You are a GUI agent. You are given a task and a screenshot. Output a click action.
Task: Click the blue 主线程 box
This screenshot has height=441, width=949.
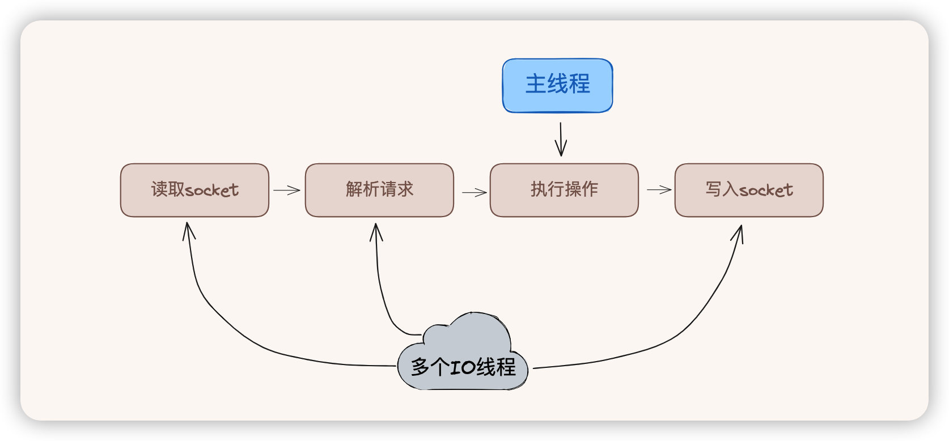[x=557, y=86]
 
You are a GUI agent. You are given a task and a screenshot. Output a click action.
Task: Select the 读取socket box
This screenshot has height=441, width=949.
[x=194, y=190]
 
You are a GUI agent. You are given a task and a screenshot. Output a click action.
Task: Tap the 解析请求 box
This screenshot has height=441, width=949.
[x=379, y=190]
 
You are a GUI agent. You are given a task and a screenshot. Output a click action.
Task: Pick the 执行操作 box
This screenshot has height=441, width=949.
[x=564, y=190]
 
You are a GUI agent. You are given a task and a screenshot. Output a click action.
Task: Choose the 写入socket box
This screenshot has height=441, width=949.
[x=748, y=190]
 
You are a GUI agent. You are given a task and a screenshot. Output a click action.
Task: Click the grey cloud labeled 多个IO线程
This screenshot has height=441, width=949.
[x=463, y=357]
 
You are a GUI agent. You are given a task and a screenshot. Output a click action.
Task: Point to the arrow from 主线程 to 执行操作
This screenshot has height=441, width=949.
[x=561, y=139]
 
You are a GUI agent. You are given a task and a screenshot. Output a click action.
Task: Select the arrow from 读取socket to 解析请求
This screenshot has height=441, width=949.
[x=287, y=190]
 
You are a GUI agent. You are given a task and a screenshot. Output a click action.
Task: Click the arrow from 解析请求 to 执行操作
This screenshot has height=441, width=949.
[x=475, y=193]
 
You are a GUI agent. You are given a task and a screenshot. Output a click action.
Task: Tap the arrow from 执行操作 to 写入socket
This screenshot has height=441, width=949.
[x=659, y=190]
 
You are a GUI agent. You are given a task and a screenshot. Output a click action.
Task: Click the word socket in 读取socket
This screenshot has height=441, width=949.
[x=213, y=190]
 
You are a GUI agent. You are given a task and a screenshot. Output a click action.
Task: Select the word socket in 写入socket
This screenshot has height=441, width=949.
[x=766, y=190]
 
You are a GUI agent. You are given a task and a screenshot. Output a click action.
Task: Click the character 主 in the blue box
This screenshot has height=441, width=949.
[x=536, y=84]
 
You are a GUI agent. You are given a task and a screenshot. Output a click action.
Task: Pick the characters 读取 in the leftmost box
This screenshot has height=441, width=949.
[x=168, y=189]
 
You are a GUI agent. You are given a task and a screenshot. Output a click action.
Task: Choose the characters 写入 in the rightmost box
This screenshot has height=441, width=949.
[x=722, y=189]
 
